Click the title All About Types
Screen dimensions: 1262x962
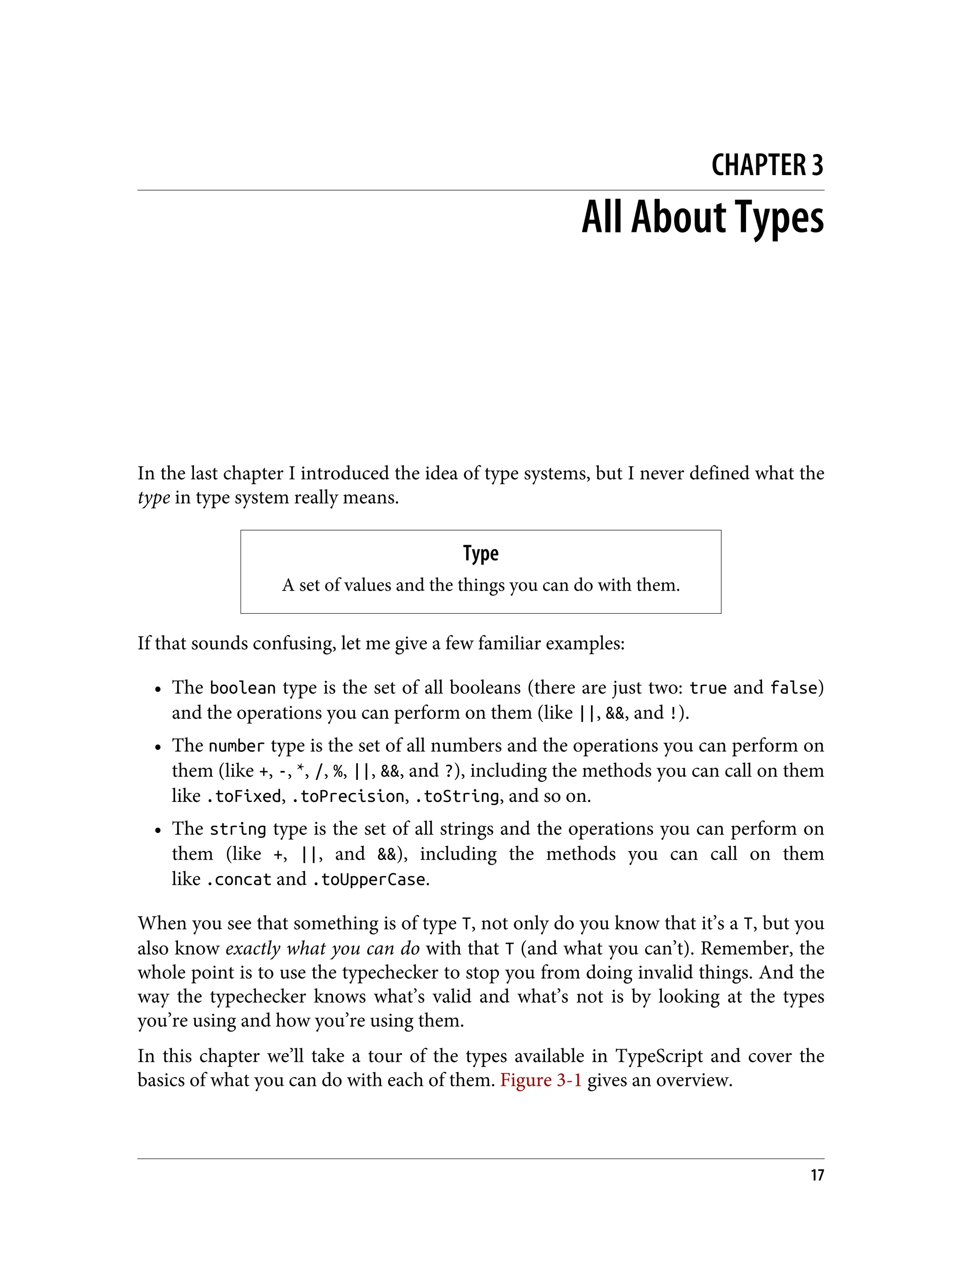(702, 217)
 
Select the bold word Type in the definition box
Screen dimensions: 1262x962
(481, 554)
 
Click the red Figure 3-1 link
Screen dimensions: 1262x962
(541, 1080)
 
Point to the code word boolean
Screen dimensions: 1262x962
(243, 687)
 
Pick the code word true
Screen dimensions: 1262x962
(708, 687)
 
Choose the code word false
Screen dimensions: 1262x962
(794, 687)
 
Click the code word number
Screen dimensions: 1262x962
(236, 746)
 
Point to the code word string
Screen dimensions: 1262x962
(238, 829)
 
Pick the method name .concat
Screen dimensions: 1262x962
(238, 879)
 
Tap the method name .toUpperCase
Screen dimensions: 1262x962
(369, 879)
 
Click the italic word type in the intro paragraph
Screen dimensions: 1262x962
(154, 497)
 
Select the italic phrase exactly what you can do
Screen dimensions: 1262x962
(322, 948)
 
